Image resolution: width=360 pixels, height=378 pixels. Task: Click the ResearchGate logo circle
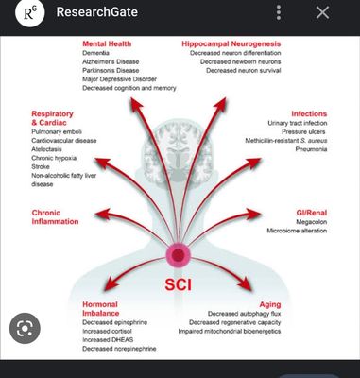30,12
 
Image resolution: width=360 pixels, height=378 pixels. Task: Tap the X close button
322,13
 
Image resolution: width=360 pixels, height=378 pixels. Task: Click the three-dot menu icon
279,13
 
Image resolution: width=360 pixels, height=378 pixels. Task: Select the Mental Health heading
107,43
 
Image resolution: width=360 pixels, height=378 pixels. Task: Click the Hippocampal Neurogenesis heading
231,43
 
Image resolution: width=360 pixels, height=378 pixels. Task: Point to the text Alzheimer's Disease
111,61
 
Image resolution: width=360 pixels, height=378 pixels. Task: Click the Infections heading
309,113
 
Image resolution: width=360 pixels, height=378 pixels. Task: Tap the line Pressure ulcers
303,131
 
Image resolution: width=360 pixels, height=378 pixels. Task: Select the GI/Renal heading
312,213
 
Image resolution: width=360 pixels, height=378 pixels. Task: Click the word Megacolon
311,222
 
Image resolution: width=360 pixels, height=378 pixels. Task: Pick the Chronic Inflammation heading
55,217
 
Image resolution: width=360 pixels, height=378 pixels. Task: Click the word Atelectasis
46,149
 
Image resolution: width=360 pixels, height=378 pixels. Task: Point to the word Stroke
41,166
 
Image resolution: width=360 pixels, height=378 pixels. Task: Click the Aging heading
270,304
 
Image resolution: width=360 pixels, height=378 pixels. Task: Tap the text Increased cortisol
107,332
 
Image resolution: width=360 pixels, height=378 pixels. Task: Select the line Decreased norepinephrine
119,349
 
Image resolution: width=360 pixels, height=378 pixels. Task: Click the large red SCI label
179,284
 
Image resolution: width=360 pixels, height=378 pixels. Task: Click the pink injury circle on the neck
178,254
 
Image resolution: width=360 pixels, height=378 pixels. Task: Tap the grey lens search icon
25,328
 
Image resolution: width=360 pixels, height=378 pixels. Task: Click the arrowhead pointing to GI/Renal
253,215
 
